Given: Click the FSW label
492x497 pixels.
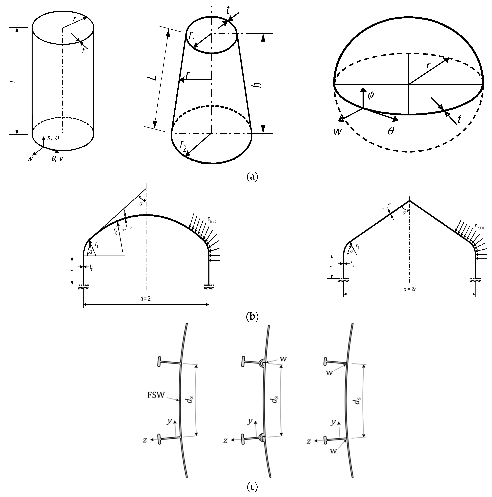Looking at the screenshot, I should (x=156, y=395).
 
